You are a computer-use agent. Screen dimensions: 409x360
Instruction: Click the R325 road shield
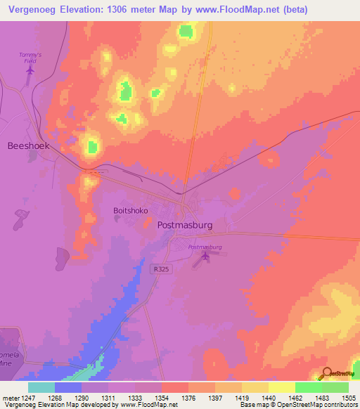[159, 268]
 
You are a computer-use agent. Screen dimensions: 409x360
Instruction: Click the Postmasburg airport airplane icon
[205, 259]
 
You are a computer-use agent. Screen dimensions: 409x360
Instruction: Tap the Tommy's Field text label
[30, 58]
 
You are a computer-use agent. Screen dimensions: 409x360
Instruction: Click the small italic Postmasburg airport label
[205, 247]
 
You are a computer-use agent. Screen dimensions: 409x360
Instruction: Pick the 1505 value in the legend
[348, 397]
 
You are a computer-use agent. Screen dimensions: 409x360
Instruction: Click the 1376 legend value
[188, 397]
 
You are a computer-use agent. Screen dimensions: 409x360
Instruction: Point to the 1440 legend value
[268, 397]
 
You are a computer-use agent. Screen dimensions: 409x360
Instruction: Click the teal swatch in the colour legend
[41, 387]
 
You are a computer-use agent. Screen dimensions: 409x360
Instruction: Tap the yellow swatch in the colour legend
[281, 387]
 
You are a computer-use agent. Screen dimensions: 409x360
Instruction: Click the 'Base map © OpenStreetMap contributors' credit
[298, 405]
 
